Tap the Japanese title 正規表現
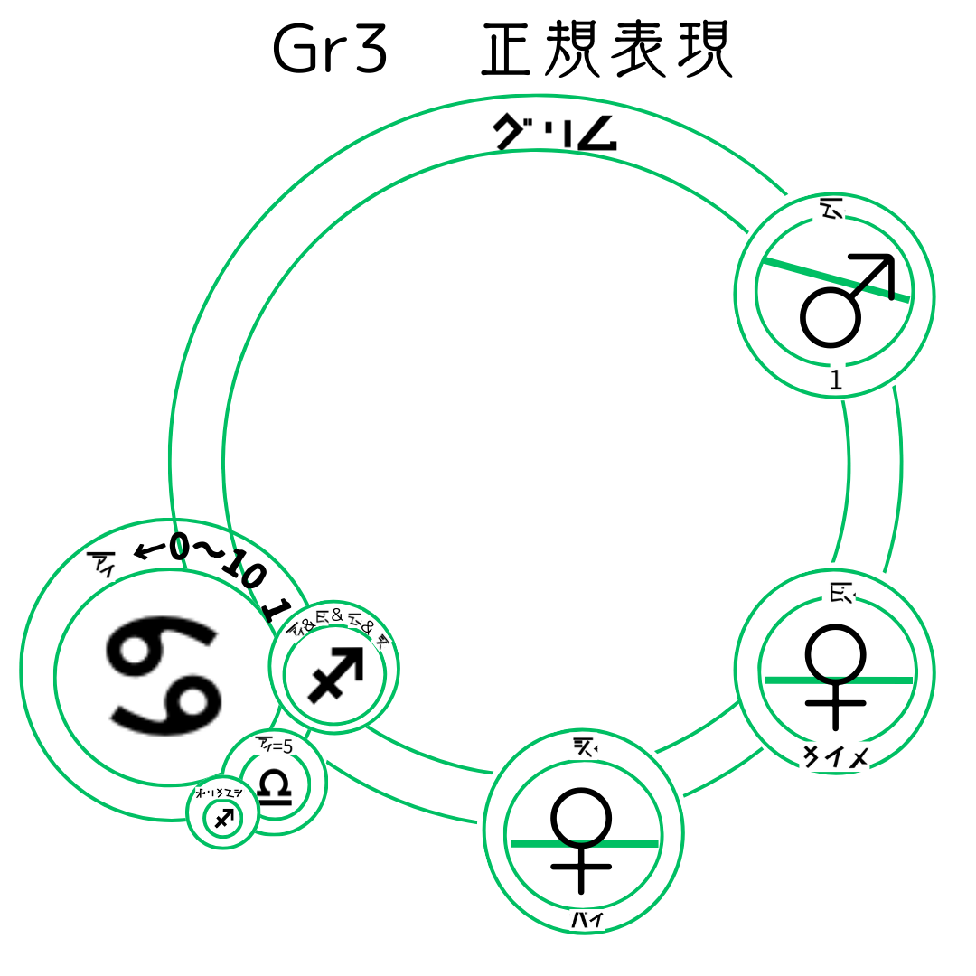pyautogui.click(x=605, y=51)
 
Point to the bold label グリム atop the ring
pyautogui.click(x=555, y=134)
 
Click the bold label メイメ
pyautogui.click(x=836, y=757)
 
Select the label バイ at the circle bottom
pyautogui.click(x=587, y=921)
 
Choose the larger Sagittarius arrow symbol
pyautogui.click(x=335, y=673)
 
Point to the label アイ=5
pyautogui.click(x=275, y=746)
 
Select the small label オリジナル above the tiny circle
pyautogui.click(x=219, y=793)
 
